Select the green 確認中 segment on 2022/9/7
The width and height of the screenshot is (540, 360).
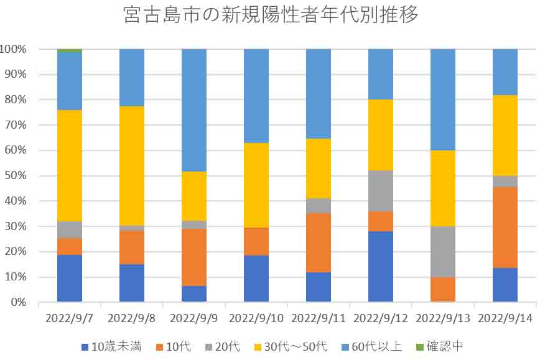pos(70,50)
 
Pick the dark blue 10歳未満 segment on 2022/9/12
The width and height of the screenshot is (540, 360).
pos(381,266)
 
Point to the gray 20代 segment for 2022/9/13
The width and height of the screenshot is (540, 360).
pos(443,252)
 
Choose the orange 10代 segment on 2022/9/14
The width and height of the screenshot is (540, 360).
pos(505,228)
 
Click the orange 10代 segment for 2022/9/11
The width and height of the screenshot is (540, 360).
pos(319,242)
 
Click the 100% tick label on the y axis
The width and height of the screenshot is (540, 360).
pos(13,49)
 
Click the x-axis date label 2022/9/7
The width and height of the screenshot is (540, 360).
pos(70,318)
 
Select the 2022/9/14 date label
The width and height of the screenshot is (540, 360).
pos(505,318)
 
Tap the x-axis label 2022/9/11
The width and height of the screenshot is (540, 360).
pos(319,318)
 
